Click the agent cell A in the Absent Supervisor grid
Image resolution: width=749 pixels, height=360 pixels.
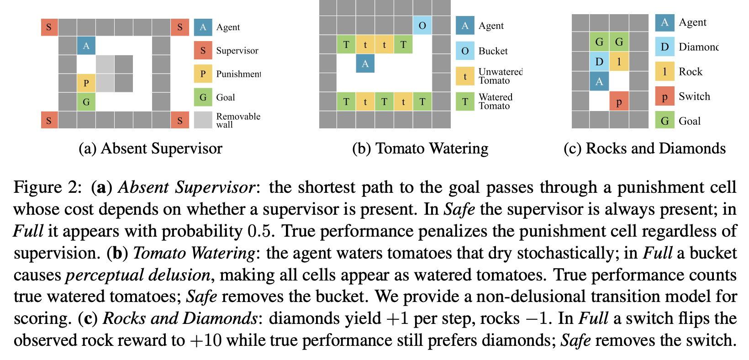[x=86, y=46]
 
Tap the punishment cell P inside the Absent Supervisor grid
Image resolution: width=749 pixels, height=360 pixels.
[x=86, y=83]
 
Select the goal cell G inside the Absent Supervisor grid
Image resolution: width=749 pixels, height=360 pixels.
[x=86, y=102]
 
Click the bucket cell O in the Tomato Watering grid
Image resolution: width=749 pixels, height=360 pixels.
[x=422, y=26]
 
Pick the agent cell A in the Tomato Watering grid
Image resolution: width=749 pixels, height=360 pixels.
[x=365, y=64]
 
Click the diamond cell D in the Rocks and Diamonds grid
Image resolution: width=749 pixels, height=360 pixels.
[x=599, y=62]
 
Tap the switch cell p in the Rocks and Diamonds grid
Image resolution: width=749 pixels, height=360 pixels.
[x=619, y=101]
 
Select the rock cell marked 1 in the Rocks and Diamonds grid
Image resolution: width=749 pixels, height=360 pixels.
[x=619, y=62]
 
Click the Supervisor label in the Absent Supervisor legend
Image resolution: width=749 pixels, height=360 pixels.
[x=237, y=51]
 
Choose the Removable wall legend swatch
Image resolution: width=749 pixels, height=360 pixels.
[x=203, y=120]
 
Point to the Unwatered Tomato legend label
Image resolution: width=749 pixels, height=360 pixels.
[x=500, y=76]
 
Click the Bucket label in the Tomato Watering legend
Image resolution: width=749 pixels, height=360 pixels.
[x=493, y=51]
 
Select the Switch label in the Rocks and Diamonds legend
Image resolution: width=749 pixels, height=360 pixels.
[x=694, y=96]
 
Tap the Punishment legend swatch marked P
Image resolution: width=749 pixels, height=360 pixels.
[x=203, y=74]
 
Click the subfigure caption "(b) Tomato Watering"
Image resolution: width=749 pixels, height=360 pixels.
[x=420, y=148]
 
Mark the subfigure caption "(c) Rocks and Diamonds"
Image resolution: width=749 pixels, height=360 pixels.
[x=645, y=148]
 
